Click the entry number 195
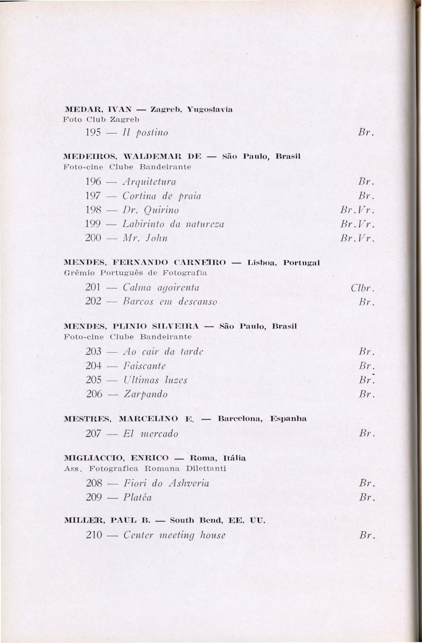[x=93, y=133]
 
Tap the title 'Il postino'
[x=146, y=133]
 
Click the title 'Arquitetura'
[x=149, y=182]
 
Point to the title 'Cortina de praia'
[x=162, y=196]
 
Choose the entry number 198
[x=93, y=210]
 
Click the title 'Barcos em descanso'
[x=170, y=301]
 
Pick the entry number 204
[x=93, y=366]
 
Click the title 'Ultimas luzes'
[x=155, y=380]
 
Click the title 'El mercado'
[x=151, y=434]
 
